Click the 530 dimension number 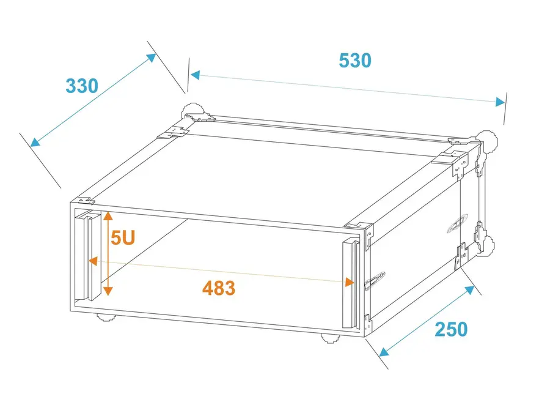pos(354,61)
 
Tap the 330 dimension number pos(82,86)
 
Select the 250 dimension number pos(451,329)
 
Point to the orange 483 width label pos(219,288)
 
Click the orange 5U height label pos(123,238)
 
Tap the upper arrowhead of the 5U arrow pos(108,215)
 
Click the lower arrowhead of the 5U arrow pos(108,291)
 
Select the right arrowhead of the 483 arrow pos(350,282)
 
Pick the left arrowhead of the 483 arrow pos(93,261)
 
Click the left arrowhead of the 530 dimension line pos(195,75)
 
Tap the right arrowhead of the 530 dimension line pos(500,102)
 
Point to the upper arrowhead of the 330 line pos(151,58)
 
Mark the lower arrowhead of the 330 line pos(35,142)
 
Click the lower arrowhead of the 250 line pos(384,352)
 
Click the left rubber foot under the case pos(106,318)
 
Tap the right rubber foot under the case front pos(331,338)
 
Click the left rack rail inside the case pos(88,256)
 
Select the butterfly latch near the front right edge pos(375,281)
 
